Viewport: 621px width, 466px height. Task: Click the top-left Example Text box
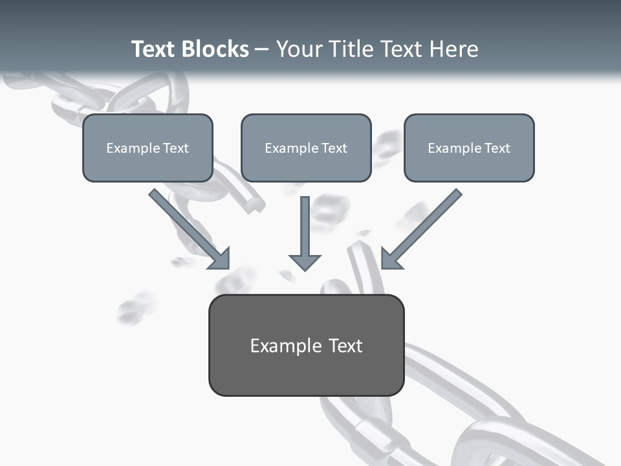tap(147, 148)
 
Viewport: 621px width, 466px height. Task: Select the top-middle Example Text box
tap(306, 148)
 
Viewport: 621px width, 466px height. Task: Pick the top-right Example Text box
tap(469, 148)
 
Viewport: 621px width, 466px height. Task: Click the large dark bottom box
tap(306, 346)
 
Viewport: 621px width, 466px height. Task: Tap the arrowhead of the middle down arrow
tap(305, 261)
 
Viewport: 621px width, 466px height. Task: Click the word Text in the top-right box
tap(497, 148)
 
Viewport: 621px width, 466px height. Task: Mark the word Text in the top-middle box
tap(334, 148)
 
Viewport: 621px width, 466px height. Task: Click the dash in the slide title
tap(262, 49)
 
